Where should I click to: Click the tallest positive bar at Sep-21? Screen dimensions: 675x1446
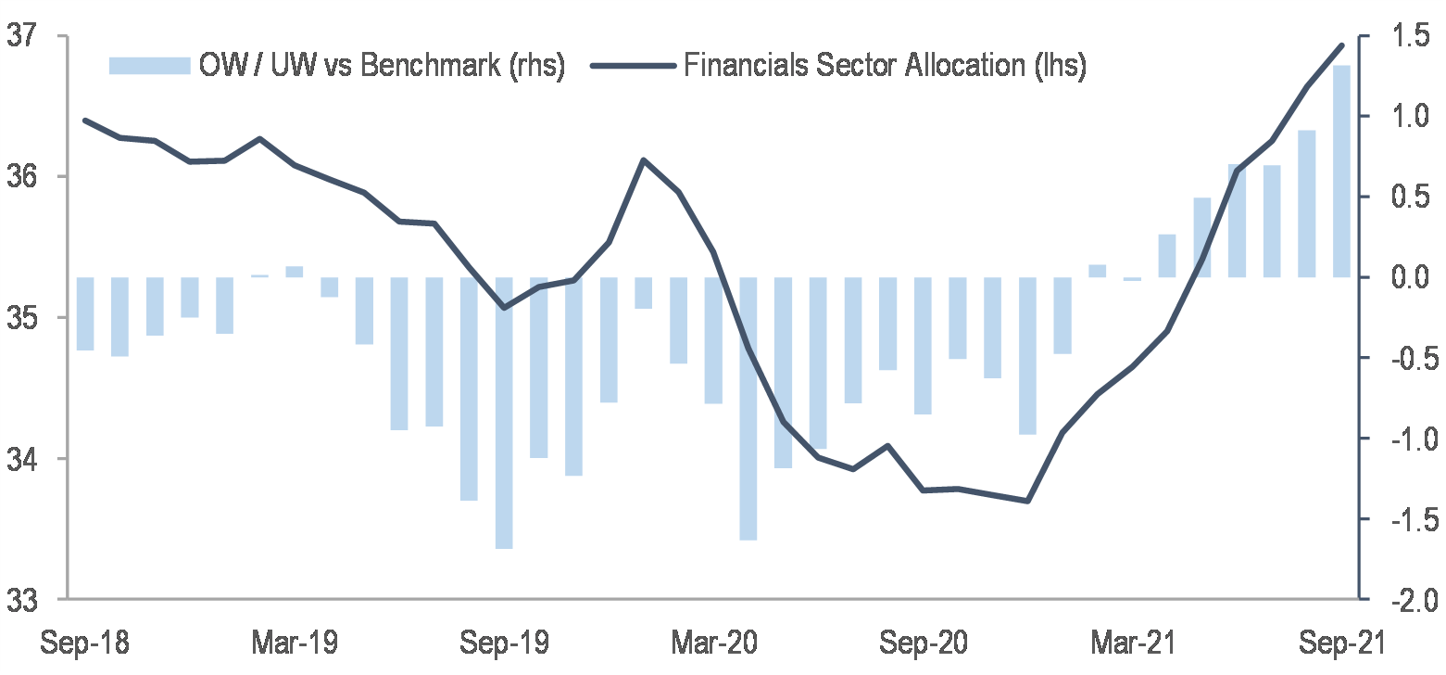[x=1341, y=171]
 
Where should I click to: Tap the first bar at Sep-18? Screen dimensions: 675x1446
[x=85, y=313]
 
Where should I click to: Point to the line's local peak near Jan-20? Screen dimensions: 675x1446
[x=644, y=160]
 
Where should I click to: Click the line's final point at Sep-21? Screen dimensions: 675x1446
[x=1341, y=45]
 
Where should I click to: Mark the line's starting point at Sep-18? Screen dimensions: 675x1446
[x=85, y=121]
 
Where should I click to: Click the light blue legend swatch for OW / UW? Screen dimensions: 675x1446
[x=148, y=66]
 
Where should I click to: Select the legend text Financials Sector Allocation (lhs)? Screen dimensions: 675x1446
[x=885, y=66]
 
